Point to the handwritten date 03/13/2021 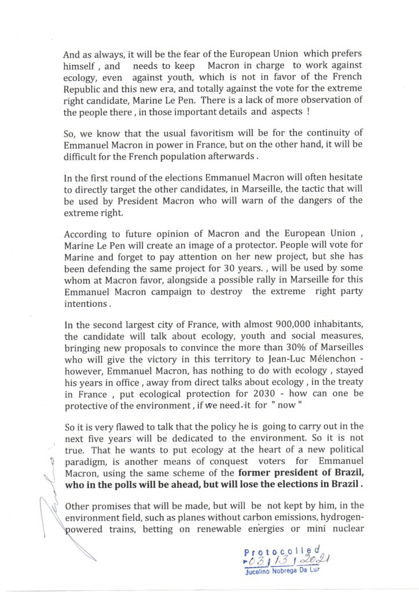pyautogui.click(x=285, y=561)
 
